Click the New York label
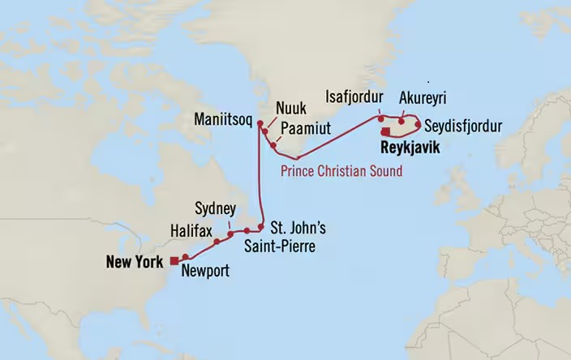pos(136,261)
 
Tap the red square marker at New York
pos(174,260)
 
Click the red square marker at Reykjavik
pos(387,132)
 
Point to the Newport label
pos(206,272)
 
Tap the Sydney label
pos(217,208)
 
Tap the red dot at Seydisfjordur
pos(418,126)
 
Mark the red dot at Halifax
pos(217,242)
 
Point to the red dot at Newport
pos(186,257)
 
